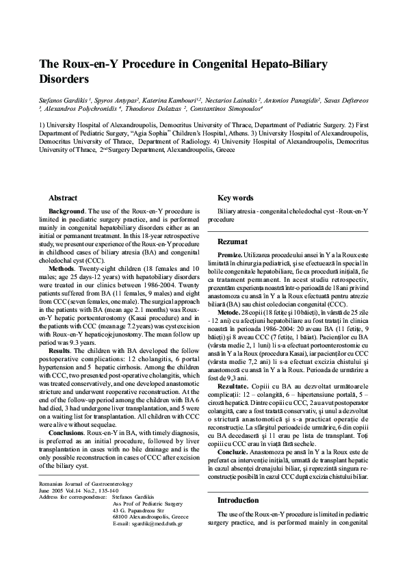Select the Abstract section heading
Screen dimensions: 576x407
pyautogui.click(x=63, y=198)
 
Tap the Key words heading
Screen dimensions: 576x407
pyautogui.click(x=235, y=198)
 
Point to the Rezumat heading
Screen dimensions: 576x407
pyautogui.click(x=233, y=241)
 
